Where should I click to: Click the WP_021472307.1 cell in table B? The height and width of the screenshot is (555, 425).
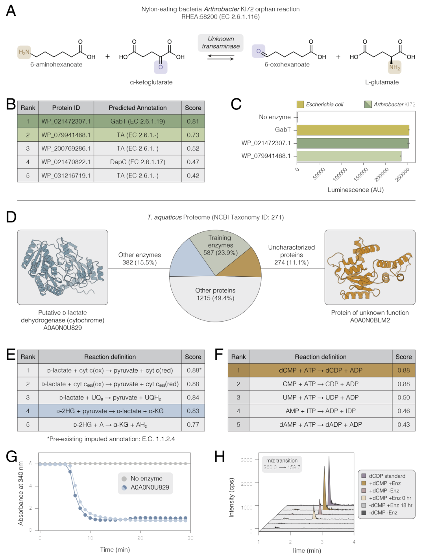click(x=66, y=121)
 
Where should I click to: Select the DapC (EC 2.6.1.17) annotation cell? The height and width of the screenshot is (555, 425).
click(x=138, y=162)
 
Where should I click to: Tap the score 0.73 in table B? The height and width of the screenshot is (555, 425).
click(x=193, y=135)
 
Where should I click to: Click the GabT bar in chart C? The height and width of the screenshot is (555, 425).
click(x=353, y=130)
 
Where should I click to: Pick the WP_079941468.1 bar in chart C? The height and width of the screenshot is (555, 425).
click(x=349, y=156)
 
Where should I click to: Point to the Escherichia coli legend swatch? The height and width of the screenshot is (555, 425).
click(x=300, y=104)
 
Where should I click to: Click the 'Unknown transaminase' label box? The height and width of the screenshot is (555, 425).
click(x=221, y=43)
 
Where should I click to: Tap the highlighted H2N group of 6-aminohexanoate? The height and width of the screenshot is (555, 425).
click(x=24, y=52)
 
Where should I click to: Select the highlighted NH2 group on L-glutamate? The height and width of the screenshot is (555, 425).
click(x=394, y=67)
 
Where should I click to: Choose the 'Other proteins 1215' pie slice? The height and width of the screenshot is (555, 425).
click(x=215, y=299)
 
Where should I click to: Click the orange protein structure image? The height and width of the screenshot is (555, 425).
click(x=370, y=267)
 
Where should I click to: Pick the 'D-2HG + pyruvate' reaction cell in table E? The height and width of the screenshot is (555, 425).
click(x=110, y=411)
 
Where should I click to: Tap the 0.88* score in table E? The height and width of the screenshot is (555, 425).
click(x=194, y=370)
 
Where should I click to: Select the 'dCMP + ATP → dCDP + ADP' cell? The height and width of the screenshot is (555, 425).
click(x=320, y=370)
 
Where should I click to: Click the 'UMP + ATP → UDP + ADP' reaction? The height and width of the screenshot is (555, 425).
click(x=320, y=398)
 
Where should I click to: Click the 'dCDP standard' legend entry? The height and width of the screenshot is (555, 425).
click(x=386, y=476)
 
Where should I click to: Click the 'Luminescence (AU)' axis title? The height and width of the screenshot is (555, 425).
click(x=355, y=190)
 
